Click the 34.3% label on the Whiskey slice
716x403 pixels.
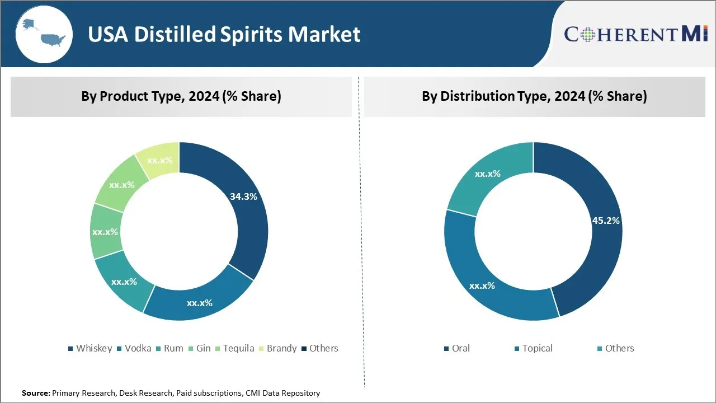243,196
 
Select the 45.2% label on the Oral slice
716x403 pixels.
606,221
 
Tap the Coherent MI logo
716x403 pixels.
636,34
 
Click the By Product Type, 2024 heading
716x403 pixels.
181,96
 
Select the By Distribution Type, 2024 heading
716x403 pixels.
534,96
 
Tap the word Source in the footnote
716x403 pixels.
35,393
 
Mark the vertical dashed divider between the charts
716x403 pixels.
359,235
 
